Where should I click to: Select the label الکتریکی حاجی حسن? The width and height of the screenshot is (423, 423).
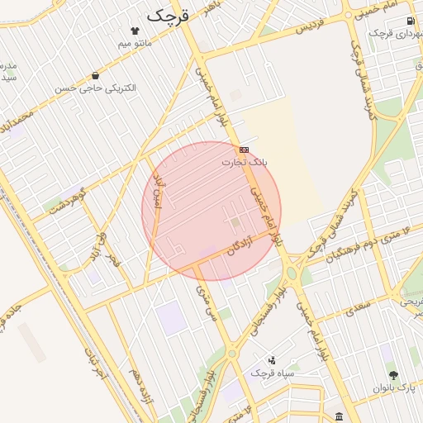96,88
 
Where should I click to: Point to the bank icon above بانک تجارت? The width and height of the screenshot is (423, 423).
244,150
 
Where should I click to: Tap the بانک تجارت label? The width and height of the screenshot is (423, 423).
244,163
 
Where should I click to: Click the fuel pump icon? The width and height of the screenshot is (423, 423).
409,21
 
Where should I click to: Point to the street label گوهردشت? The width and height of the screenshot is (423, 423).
68,202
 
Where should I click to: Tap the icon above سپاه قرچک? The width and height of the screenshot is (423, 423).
273,360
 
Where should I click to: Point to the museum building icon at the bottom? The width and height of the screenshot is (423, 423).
339,415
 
